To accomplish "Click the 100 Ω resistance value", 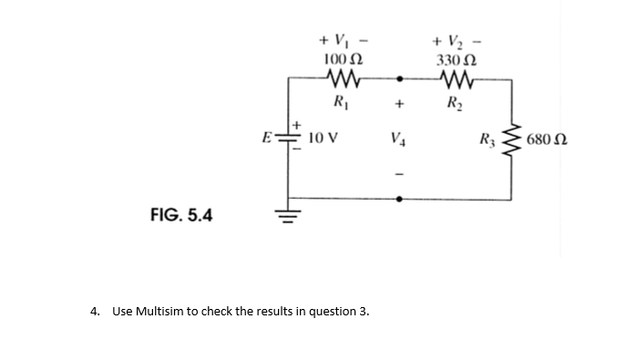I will (x=344, y=59).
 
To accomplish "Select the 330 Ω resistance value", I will (x=457, y=59).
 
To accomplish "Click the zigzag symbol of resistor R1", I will (x=344, y=79).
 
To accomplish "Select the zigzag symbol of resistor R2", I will (x=457, y=79).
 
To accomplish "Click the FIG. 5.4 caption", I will (x=180, y=215).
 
